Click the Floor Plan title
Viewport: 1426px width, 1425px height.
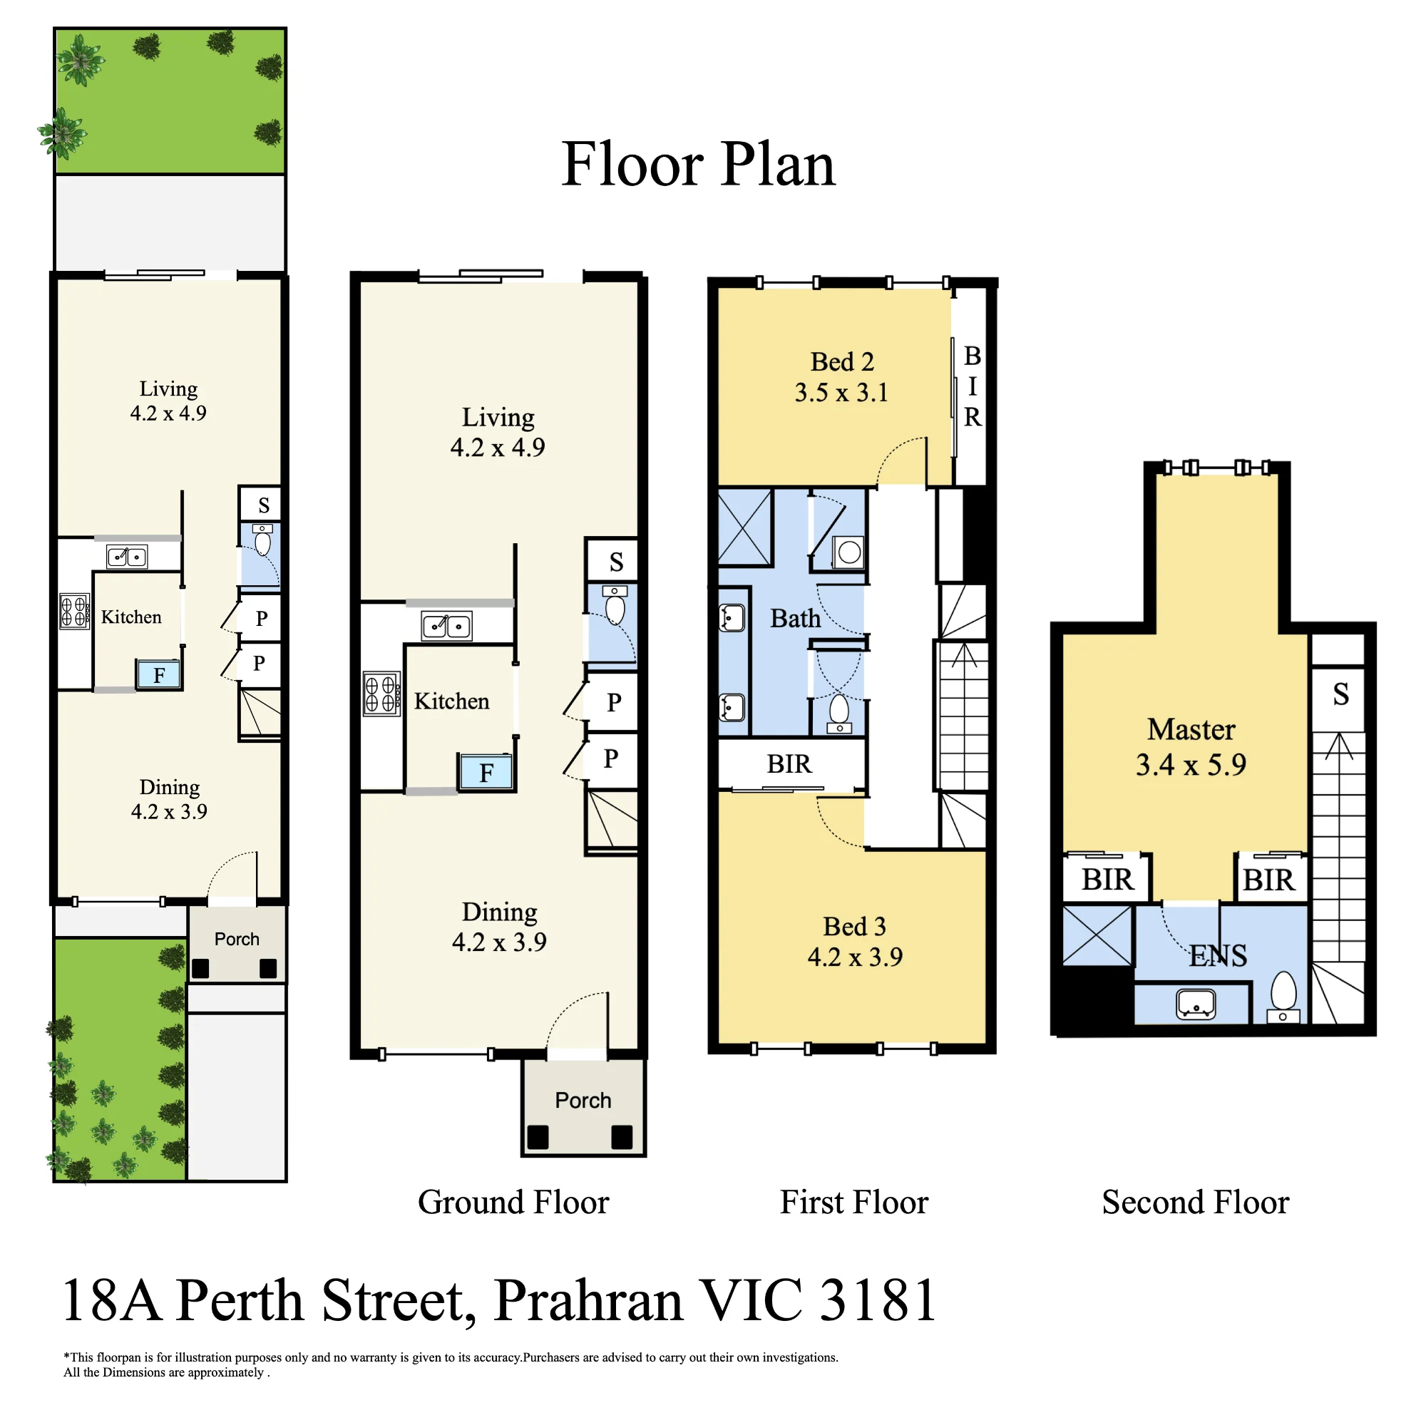click(697, 164)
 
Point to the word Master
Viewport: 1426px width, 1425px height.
click(1191, 729)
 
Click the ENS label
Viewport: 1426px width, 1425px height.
click(1218, 956)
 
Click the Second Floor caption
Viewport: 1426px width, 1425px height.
click(1195, 1202)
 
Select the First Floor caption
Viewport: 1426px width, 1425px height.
click(854, 1202)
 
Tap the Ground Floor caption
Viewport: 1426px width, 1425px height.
click(513, 1202)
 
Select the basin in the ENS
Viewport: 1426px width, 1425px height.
click(1196, 1004)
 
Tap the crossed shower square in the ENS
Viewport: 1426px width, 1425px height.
click(1097, 936)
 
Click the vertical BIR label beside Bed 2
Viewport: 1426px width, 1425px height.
click(972, 386)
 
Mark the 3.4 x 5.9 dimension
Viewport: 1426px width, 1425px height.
click(1191, 764)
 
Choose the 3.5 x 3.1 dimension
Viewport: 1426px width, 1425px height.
click(841, 392)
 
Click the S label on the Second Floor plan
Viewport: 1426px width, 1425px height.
click(1340, 694)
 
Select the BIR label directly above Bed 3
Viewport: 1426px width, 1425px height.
click(789, 763)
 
